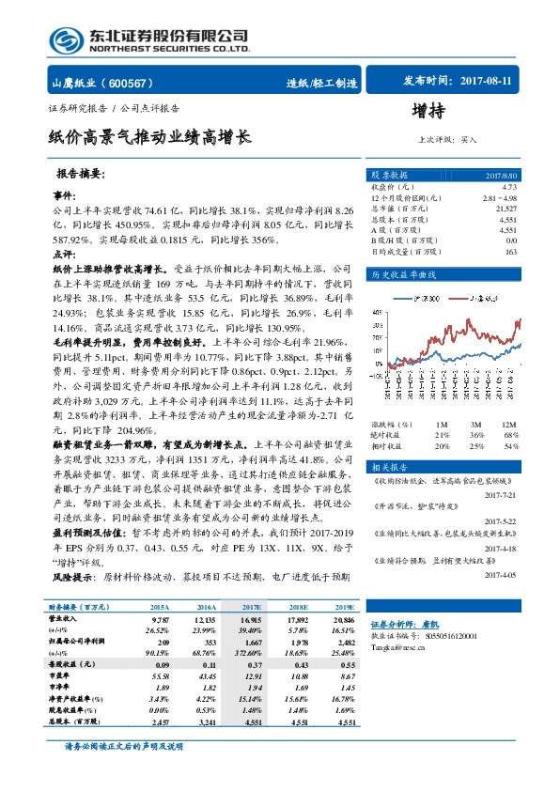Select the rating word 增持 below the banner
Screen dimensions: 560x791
click(428, 113)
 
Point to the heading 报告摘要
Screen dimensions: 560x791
click(82, 175)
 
